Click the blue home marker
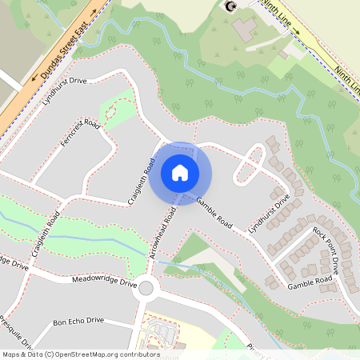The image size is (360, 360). (x=180, y=172)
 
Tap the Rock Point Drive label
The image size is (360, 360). (x=331, y=249)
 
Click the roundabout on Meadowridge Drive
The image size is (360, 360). (x=146, y=288)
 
